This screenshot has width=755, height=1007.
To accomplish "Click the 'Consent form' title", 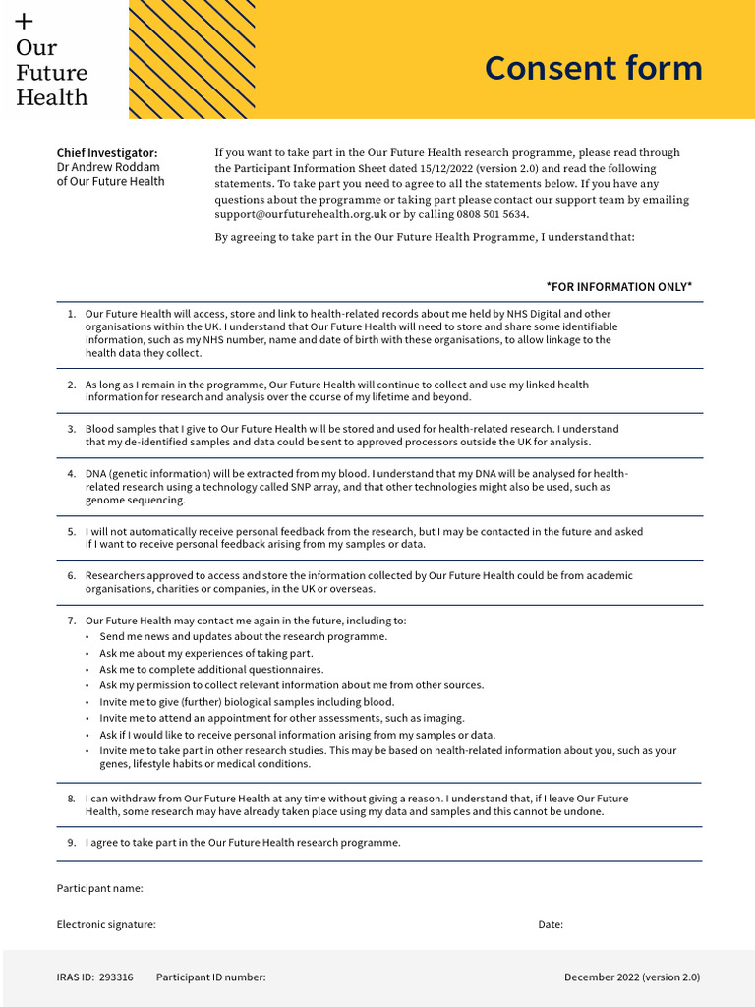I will [593, 68].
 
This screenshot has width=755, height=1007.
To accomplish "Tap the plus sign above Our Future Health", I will [25, 21].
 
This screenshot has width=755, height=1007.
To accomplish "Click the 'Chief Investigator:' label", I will [106, 153].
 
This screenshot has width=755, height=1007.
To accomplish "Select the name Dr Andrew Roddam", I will [107, 167].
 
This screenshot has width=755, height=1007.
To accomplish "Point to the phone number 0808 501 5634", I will [492, 214].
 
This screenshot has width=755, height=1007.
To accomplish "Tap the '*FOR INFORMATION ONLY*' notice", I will [618, 287].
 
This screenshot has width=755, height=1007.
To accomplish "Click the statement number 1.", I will [71, 314].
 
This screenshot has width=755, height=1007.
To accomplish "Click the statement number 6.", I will [71, 576].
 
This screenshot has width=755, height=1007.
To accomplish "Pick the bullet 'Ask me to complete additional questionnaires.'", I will [211, 670].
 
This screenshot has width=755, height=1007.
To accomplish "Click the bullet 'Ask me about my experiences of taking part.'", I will [206, 653].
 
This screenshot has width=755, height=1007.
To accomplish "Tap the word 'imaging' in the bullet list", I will [443, 719].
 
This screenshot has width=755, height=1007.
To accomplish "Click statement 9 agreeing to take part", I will [243, 843].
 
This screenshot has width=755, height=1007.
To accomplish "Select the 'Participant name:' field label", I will [99, 889].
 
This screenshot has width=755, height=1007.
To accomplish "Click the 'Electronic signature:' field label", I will [106, 925].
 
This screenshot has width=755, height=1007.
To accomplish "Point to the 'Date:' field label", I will [551, 925].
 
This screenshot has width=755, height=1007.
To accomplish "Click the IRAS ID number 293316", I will [116, 977].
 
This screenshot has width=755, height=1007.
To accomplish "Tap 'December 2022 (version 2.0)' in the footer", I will [631, 977].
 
